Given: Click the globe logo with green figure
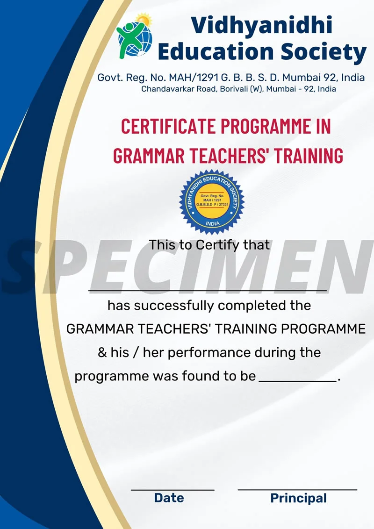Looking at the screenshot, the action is (x=135, y=36).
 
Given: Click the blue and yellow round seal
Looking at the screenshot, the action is (x=212, y=201).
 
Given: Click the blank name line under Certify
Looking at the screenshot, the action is (x=208, y=290).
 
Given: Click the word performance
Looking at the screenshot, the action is (x=209, y=353).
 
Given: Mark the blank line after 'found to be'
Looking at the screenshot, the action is (x=297, y=381).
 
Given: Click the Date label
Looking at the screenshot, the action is (x=169, y=498).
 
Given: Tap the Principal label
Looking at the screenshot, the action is (x=298, y=499).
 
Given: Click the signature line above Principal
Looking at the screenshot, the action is (x=297, y=489).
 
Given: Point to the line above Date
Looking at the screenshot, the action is (x=173, y=490).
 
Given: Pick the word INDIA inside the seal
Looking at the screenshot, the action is (x=213, y=224).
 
